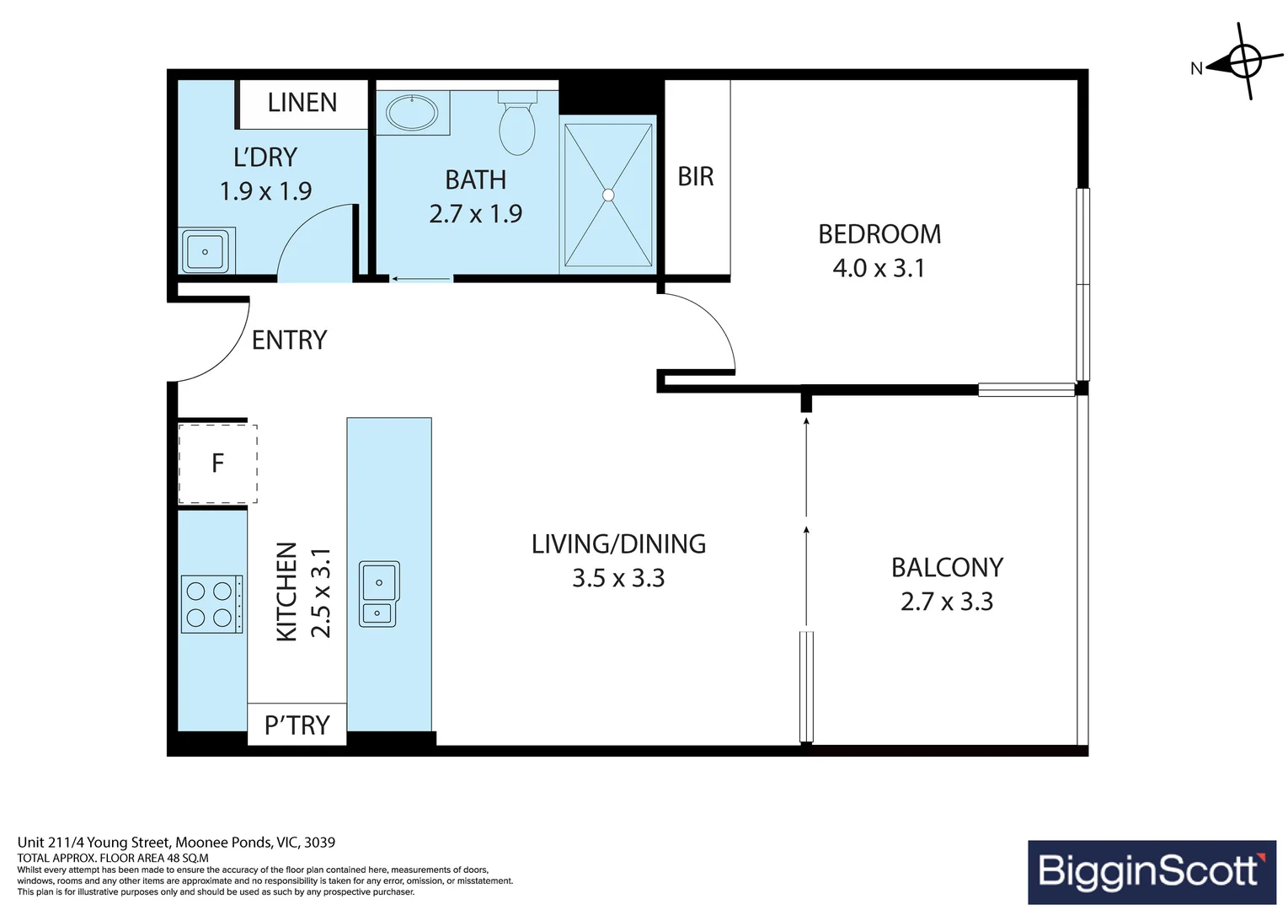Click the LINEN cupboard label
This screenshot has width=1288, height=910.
[302, 103]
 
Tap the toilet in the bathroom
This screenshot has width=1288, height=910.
[517, 123]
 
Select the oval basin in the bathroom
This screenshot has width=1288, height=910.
[412, 112]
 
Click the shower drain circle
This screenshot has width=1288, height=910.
[608, 195]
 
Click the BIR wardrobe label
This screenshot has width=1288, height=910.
[696, 177]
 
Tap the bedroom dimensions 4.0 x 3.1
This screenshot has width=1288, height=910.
[879, 269]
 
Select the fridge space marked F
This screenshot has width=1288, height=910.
[217, 463]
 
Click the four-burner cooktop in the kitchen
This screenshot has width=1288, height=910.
[212, 604]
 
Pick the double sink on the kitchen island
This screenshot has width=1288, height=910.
[380, 594]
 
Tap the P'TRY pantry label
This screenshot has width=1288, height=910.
[297, 725]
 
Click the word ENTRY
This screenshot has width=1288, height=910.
[289, 340]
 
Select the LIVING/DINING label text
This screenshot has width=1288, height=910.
[618, 544]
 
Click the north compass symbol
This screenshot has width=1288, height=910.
[1244, 62]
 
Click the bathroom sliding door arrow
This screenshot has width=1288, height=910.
[421, 279]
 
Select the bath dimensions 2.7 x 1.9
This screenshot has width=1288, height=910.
[476, 214]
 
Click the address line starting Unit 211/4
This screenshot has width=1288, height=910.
[176, 843]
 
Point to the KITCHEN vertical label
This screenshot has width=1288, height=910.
[287, 591]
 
